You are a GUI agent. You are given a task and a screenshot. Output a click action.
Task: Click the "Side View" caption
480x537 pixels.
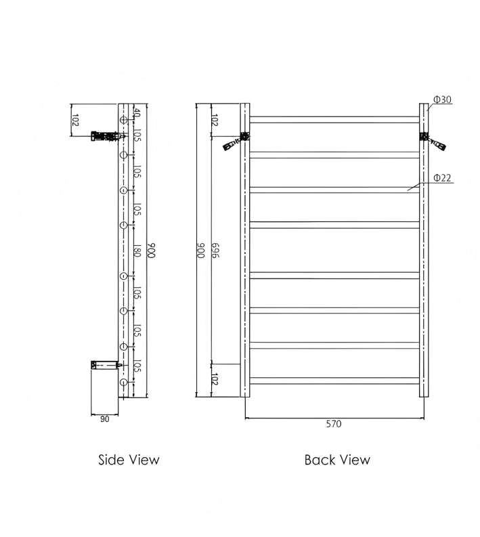pyautogui.click(x=129, y=460)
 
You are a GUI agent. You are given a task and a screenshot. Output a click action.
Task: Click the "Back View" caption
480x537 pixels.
pyautogui.click(x=337, y=460)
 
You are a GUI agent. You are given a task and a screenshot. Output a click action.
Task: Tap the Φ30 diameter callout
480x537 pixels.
pyautogui.click(x=442, y=100)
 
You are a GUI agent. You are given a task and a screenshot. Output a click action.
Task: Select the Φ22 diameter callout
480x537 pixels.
pyautogui.click(x=442, y=178)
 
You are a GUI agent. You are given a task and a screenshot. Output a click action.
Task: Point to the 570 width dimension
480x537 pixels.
pyautogui.click(x=334, y=425)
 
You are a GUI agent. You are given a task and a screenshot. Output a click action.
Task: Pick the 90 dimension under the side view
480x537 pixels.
pyautogui.click(x=104, y=419)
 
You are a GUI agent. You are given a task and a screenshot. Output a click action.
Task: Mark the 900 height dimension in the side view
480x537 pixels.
pyautogui.click(x=152, y=251)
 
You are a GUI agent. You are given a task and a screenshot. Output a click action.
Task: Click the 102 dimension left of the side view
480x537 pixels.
pyautogui.click(x=76, y=121)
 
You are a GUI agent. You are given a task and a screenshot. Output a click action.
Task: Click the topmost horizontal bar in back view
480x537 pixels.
pyautogui.click(x=334, y=120)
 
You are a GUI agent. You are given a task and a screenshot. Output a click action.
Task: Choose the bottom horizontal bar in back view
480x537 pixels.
pyautogui.click(x=334, y=381)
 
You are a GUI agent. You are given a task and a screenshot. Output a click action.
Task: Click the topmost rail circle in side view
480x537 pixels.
pyautogui.click(x=123, y=121)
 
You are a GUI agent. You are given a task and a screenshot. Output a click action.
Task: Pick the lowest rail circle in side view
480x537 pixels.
pyautogui.click(x=123, y=383)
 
